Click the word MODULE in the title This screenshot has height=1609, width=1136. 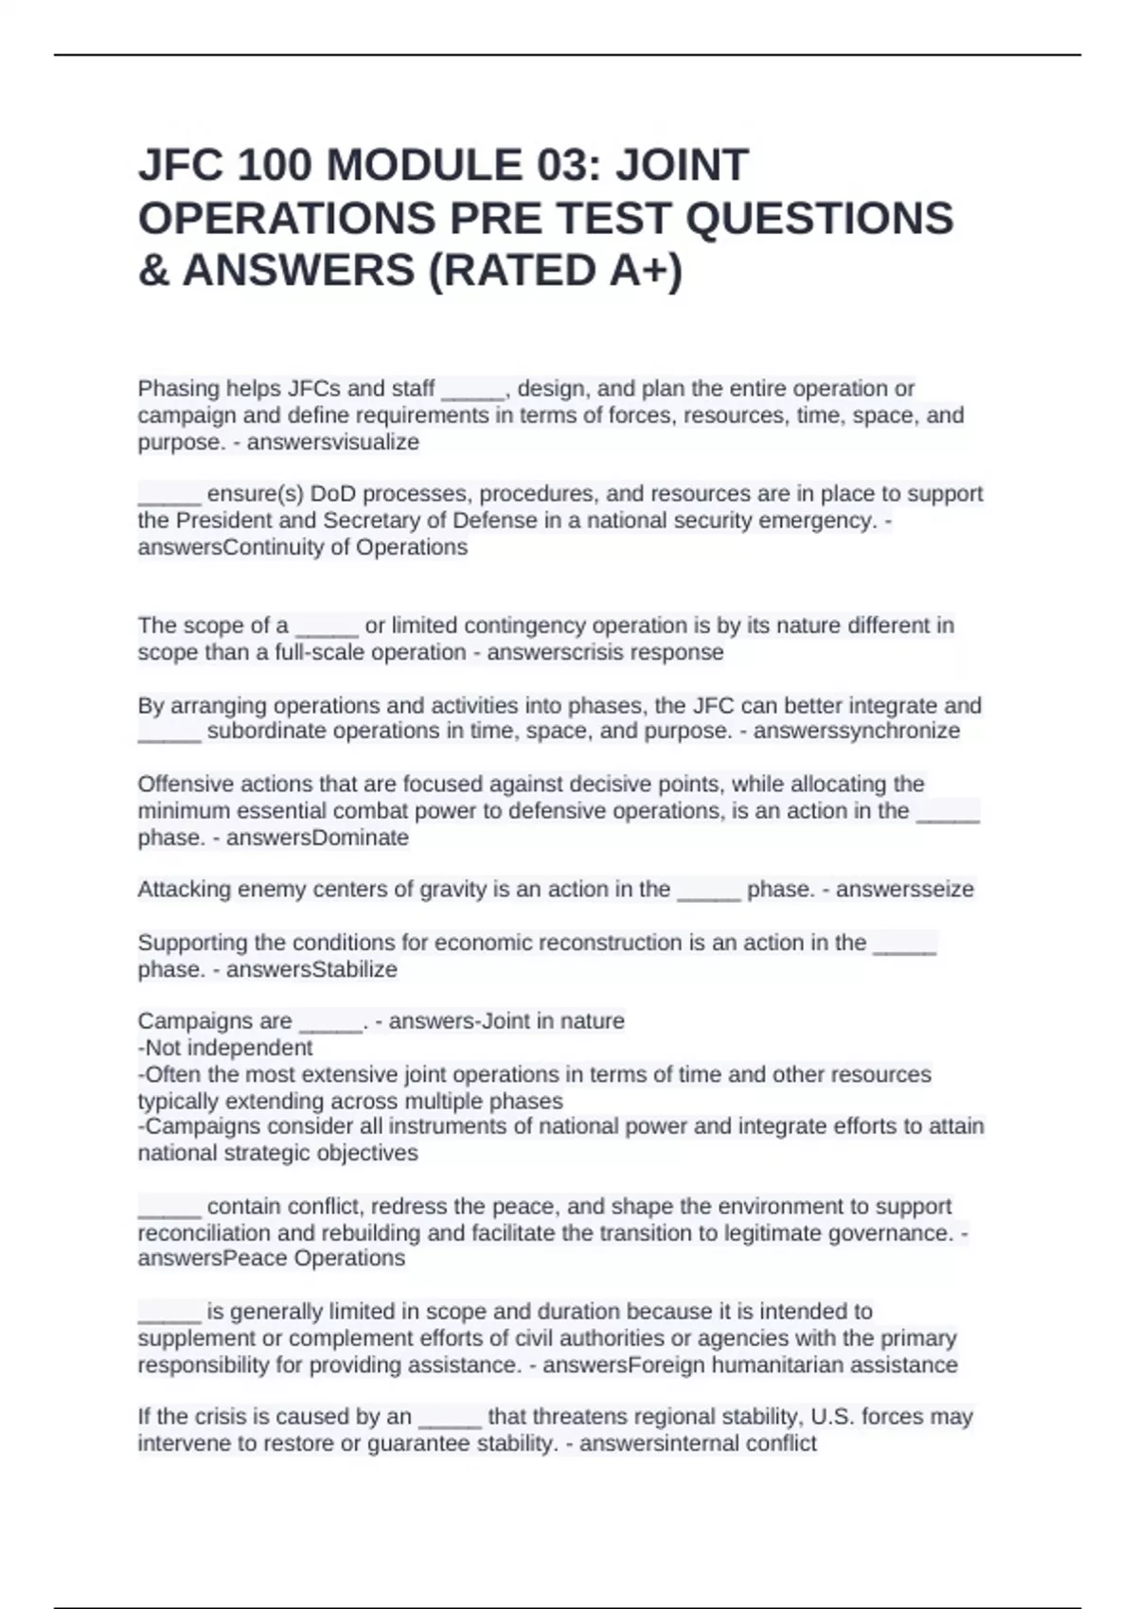click(423, 166)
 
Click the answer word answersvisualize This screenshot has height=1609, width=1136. click(332, 442)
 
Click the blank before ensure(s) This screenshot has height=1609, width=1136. click(169, 494)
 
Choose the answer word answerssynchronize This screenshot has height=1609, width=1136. click(856, 731)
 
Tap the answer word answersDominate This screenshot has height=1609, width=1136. click(317, 838)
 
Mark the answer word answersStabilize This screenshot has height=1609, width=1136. click(311, 969)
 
